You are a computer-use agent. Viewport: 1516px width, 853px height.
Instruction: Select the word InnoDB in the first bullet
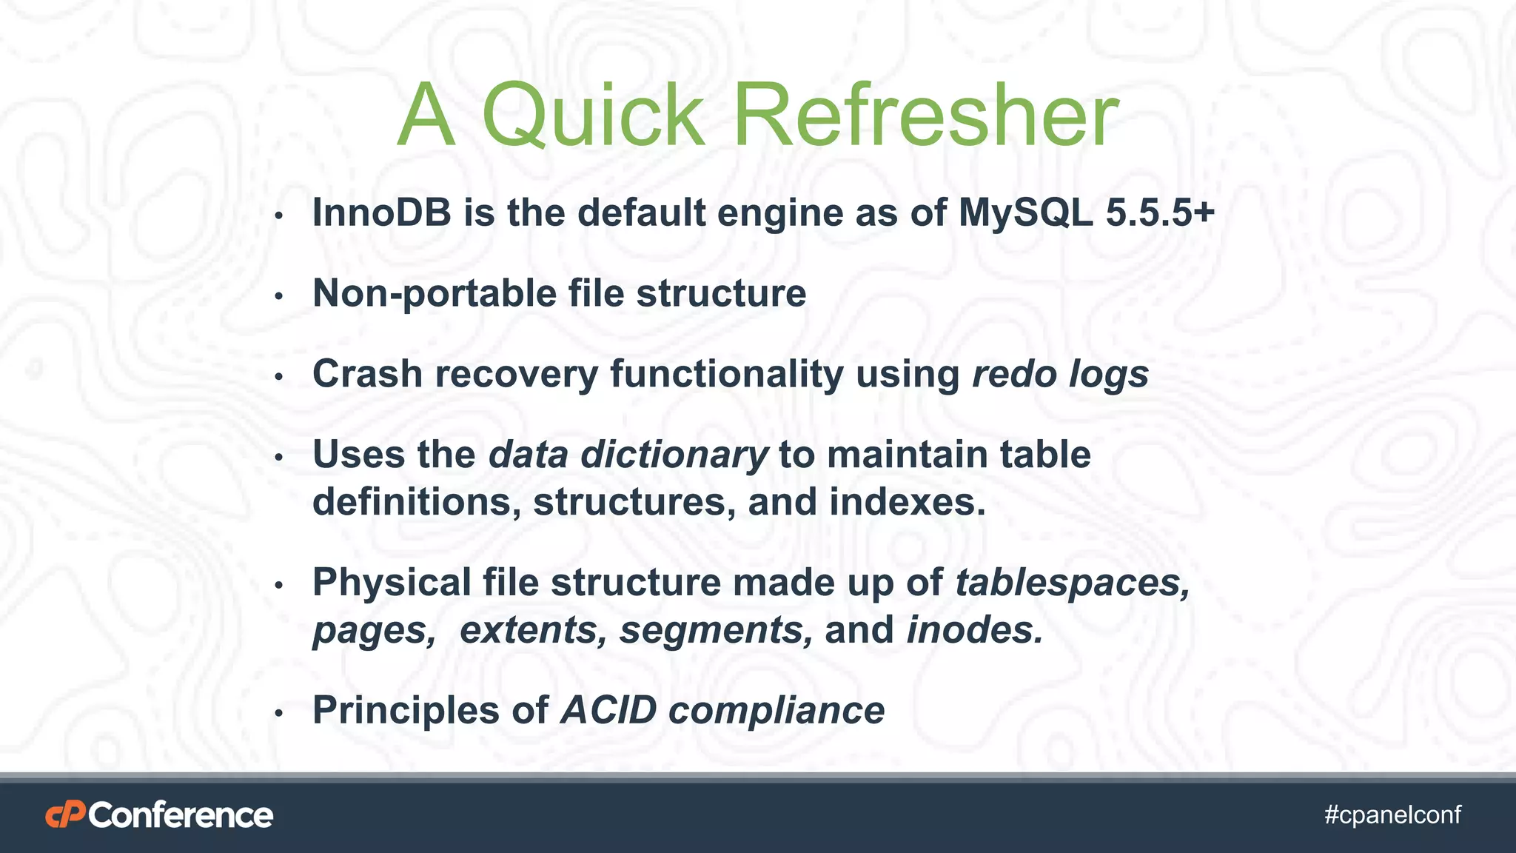(381, 213)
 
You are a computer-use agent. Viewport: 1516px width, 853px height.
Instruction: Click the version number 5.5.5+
(1160, 213)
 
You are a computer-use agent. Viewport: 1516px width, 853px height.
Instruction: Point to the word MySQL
(1025, 213)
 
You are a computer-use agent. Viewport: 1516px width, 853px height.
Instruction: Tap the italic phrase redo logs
(1059, 374)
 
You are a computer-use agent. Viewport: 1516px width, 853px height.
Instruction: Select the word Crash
(367, 374)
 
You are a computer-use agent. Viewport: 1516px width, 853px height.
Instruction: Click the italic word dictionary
(674, 455)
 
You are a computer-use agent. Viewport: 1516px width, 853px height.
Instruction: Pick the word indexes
(907, 502)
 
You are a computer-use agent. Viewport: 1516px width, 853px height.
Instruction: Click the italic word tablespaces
(1073, 583)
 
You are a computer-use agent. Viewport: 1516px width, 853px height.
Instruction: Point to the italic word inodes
(975, 630)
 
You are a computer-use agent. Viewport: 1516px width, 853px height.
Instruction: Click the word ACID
(608, 711)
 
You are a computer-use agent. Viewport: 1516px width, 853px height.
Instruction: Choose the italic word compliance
(777, 711)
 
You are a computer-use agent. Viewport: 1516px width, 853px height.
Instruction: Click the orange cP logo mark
(65, 815)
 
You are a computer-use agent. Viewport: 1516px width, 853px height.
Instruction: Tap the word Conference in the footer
(181, 815)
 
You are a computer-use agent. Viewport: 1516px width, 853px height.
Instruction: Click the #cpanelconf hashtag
(1392, 815)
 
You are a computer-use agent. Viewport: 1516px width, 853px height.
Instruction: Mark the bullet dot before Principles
(279, 714)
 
